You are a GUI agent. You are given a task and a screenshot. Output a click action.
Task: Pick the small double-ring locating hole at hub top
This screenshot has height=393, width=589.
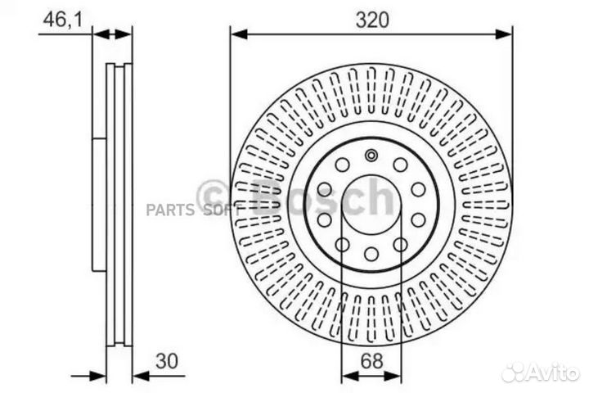click(x=371, y=156)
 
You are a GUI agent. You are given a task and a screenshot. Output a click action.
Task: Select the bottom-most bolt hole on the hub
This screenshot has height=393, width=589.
click(x=371, y=255)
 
